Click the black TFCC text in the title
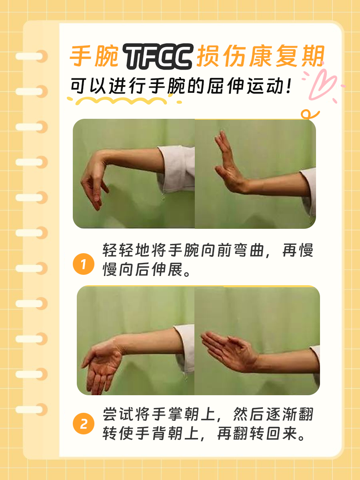[159, 57]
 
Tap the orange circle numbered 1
[83, 264]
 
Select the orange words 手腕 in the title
[94, 57]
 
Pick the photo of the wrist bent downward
[134, 174]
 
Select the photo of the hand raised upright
[255, 174]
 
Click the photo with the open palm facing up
[136, 340]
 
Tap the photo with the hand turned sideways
[257, 340]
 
